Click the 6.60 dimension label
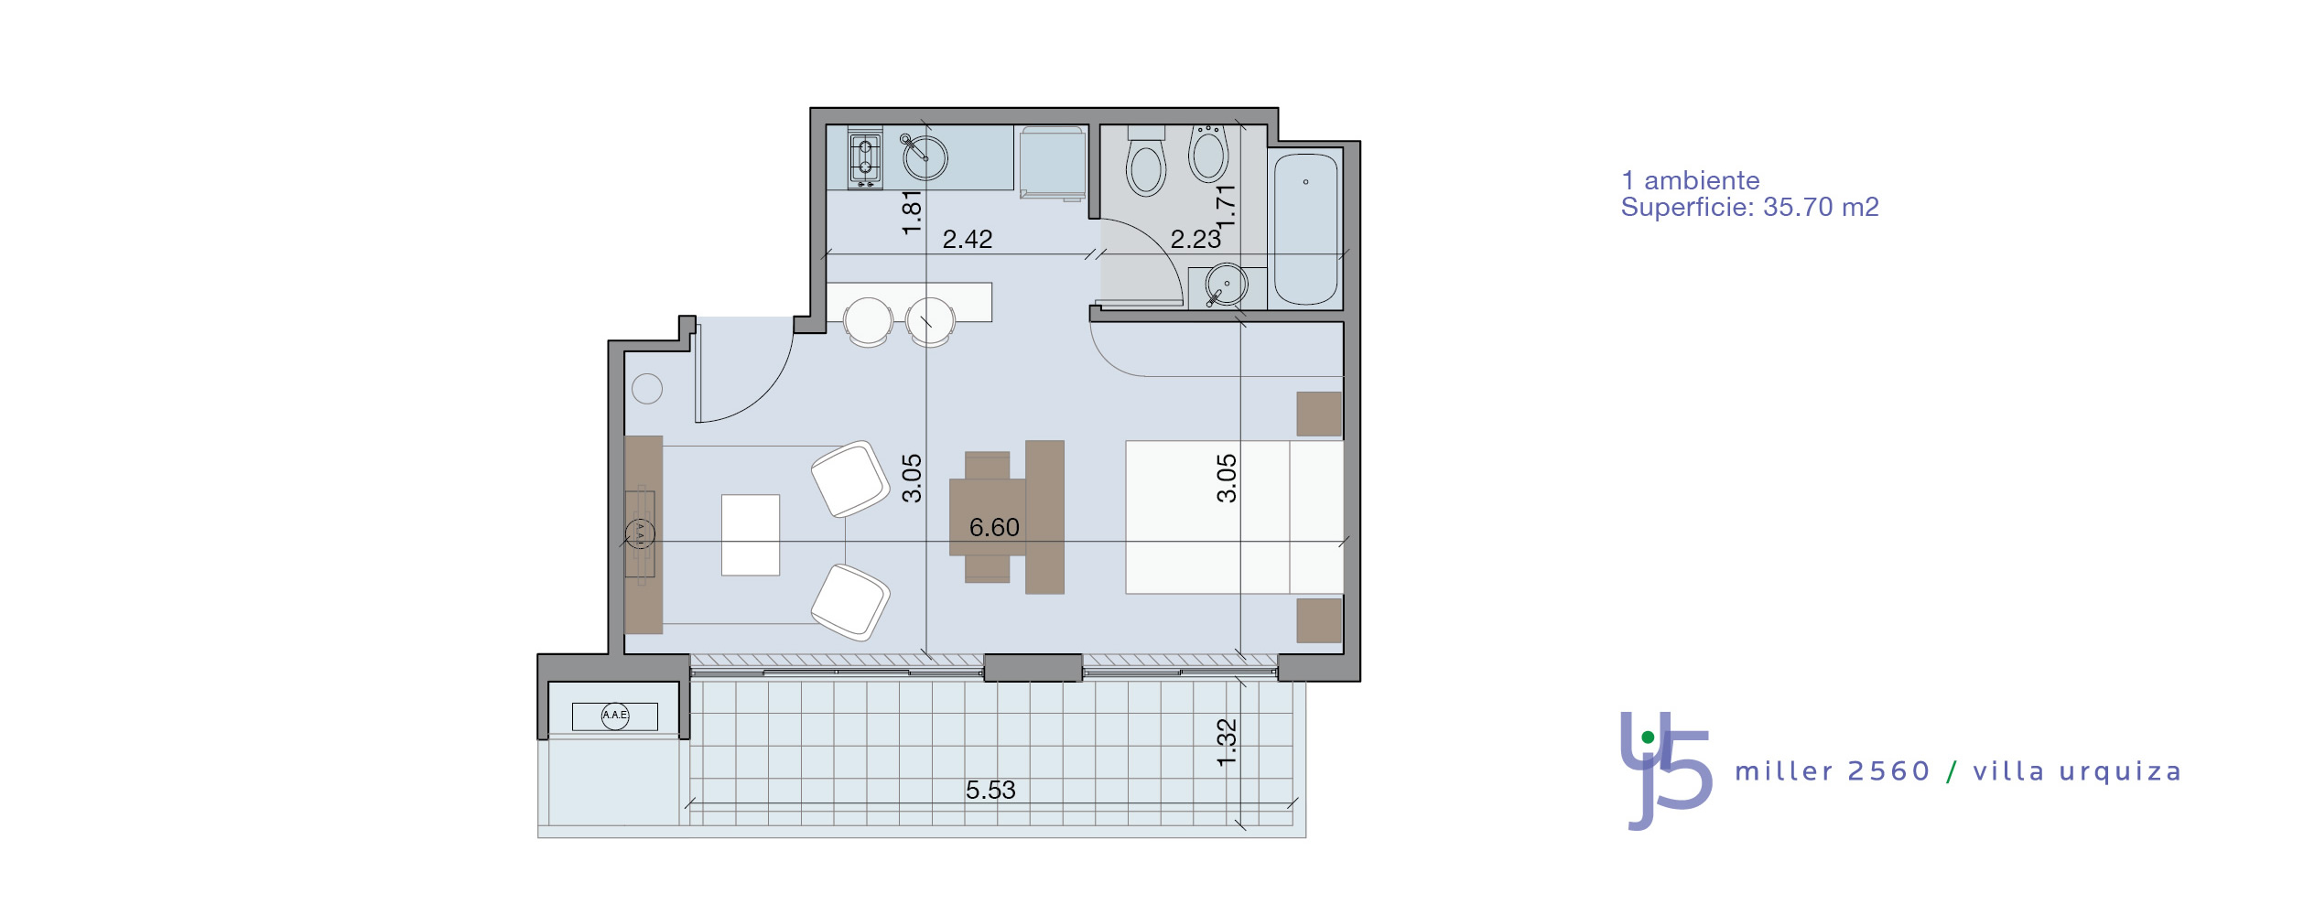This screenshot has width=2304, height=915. pyautogui.click(x=994, y=528)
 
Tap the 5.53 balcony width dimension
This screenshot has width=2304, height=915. pyautogui.click(x=990, y=791)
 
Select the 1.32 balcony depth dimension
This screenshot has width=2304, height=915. pyautogui.click(x=1227, y=743)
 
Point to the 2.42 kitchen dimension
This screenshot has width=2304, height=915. pyautogui.click(x=968, y=240)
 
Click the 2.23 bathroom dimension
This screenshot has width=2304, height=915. pyautogui.click(x=1195, y=240)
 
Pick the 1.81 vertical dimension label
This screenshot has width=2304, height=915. pyautogui.click(x=912, y=212)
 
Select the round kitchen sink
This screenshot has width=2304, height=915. pyautogui.click(x=925, y=158)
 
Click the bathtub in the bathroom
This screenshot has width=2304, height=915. pyautogui.click(x=1305, y=229)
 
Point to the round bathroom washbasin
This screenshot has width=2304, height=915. pyautogui.click(x=1226, y=285)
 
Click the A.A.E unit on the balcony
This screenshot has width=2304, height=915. pyautogui.click(x=615, y=716)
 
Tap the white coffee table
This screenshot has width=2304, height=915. pyautogui.click(x=751, y=535)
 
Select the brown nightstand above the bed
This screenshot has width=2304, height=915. pyautogui.click(x=1319, y=414)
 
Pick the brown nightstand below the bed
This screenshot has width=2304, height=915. pyautogui.click(x=1319, y=620)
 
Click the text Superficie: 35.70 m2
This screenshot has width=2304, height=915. pyautogui.click(x=1749, y=208)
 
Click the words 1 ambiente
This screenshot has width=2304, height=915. pyautogui.click(x=1690, y=181)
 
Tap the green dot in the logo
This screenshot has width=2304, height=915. pyautogui.click(x=1648, y=737)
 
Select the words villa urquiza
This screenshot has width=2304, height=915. pyautogui.click(x=2077, y=771)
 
